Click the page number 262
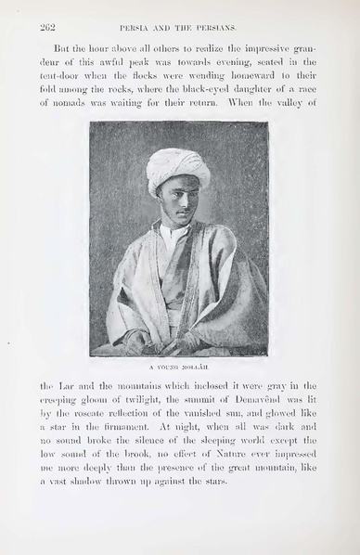pos(48,28)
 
